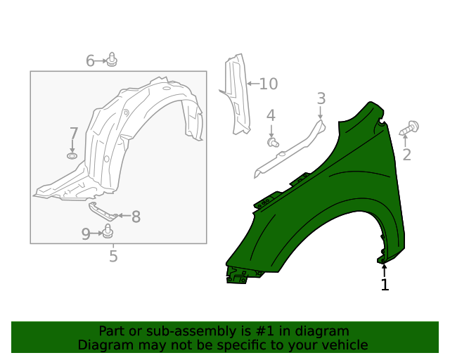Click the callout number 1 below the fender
385,285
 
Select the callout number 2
406,155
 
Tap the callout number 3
321,99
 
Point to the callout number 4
271,116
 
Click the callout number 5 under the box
113,257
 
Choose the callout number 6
90,61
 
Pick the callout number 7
73,134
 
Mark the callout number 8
136,217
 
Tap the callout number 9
86,234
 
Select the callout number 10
269,84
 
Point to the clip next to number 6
112,60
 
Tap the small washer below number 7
72,155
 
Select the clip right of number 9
108,232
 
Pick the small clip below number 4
274,143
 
